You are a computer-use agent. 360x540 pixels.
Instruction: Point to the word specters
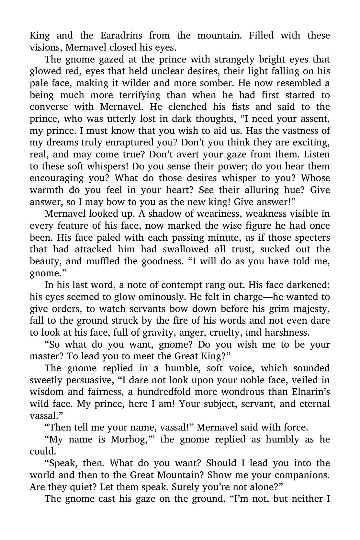(x=310, y=237)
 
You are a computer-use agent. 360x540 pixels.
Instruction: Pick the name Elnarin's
(x=308, y=392)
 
